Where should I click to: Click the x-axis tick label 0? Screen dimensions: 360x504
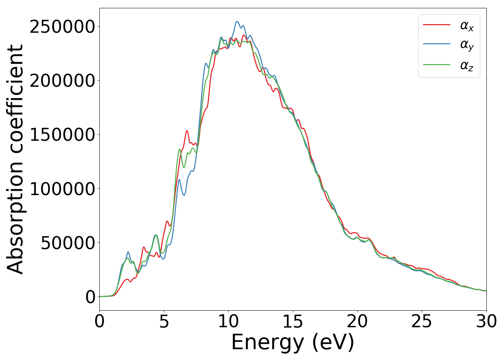tap(99, 321)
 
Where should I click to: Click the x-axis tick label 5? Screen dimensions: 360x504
tap(164, 321)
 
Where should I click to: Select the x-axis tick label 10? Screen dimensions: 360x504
tap(228, 321)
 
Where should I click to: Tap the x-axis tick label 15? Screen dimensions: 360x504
tap(293, 321)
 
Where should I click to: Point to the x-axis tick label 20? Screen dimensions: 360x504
tap(357, 321)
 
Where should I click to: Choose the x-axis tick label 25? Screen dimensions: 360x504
tap(422, 321)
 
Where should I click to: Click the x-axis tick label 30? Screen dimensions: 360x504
tap(486, 321)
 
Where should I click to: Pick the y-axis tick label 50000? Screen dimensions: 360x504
tap(68, 243)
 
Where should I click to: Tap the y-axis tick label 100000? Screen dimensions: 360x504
tap(62, 189)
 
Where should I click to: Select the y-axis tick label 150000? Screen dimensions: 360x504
tap(62, 135)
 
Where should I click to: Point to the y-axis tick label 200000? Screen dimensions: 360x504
tap(62, 81)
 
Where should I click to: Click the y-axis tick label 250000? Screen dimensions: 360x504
tap(62, 27)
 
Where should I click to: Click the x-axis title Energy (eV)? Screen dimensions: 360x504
tap(293, 342)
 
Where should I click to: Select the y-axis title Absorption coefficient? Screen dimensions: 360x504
tap(15, 159)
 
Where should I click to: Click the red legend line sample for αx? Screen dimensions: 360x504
tap(436, 25)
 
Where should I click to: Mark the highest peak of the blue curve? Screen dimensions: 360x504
tap(237, 22)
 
